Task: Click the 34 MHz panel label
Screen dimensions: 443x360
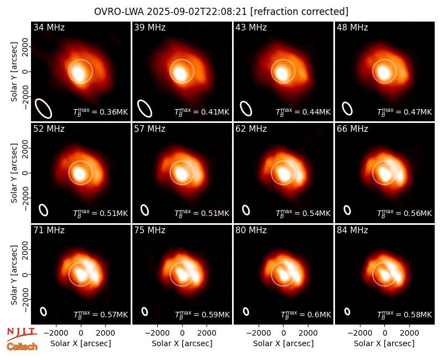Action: (x=49, y=27)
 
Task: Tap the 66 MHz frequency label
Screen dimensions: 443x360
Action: (x=352, y=129)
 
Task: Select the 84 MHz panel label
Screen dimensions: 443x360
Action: (x=352, y=230)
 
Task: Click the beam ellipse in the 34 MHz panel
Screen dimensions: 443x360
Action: (x=43, y=108)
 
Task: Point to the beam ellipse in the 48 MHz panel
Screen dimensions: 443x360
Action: (x=347, y=109)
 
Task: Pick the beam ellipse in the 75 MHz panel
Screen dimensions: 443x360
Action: (x=145, y=311)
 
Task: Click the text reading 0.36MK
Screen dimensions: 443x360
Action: (x=114, y=112)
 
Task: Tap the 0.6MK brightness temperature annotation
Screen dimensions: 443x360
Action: (x=320, y=315)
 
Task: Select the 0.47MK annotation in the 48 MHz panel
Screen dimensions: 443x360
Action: (x=418, y=112)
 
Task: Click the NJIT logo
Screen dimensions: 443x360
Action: (x=22, y=333)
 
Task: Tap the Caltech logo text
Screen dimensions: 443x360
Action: (x=22, y=347)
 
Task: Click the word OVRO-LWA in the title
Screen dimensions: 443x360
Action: (x=119, y=12)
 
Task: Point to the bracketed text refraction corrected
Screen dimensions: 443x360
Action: (x=300, y=12)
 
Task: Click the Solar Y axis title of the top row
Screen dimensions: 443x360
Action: (x=14, y=72)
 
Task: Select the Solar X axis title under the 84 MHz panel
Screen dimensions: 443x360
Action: (x=384, y=343)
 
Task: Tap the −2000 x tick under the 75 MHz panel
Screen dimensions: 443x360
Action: (x=158, y=333)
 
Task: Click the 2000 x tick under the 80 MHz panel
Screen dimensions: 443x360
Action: (x=308, y=333)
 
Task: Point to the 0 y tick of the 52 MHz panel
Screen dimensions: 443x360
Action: (x=25, y=173)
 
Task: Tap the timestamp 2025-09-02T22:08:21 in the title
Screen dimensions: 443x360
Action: (x=197, y=12)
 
